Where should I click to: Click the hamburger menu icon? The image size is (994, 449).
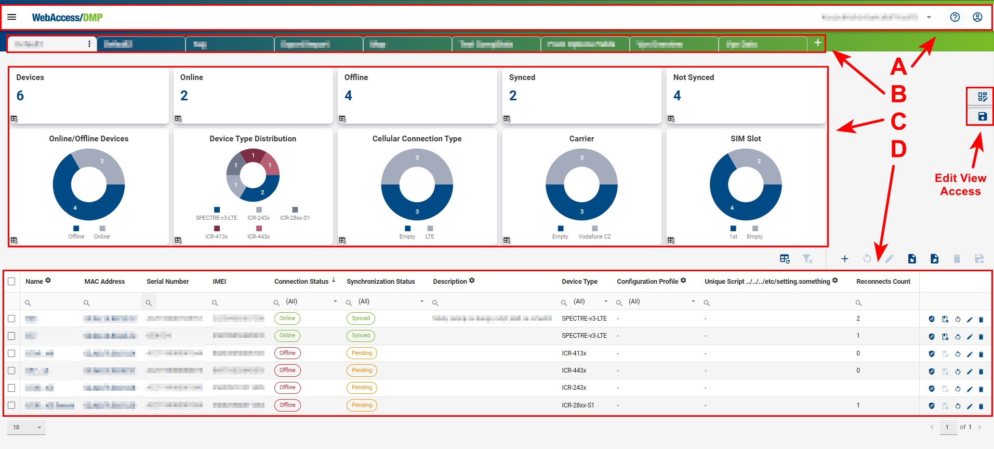(x=11, y=17)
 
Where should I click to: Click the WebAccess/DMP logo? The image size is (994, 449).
(x=67, y=18)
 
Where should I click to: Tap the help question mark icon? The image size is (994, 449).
(x=955, y=17)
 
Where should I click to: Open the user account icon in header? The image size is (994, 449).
(x=977, y=17)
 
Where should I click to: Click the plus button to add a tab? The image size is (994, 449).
(x=817, y=43)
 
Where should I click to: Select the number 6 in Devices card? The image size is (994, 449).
(x=20, y=96)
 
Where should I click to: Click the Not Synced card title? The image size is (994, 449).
(x=693, y=77)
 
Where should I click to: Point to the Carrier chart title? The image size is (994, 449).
(x=581, y=139)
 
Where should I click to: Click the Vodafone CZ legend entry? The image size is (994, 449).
(x=594, y=236)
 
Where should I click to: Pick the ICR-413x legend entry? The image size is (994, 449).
(x=216, y=236)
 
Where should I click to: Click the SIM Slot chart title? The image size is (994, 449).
(x=745, y=139)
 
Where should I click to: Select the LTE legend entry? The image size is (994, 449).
(x=430, y=236)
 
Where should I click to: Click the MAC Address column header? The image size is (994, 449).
(x=104, y=282)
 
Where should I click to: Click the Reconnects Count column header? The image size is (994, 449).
(x=883, y=282)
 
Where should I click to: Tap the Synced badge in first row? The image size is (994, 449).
(x=361, y=319)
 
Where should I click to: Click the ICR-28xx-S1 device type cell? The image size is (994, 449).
(x=577, y=405)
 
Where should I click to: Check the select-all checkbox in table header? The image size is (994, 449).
(x=11, y=282)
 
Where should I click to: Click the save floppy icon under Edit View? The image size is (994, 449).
(x=982, y=116)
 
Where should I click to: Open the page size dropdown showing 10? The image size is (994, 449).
(x=26, y=427)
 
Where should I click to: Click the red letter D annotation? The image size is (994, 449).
(x=898, y=149)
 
